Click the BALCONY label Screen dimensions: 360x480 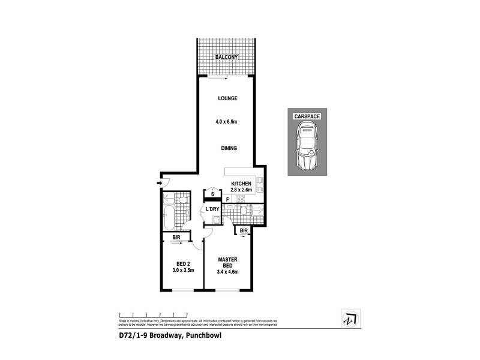[227, 57]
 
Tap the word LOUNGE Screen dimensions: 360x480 [227, 98]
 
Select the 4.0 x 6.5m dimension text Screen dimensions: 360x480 [227, 122]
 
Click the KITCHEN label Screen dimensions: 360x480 [242, 184]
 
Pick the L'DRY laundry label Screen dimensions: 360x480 [212, 209]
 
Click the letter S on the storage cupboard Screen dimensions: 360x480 [212, 194]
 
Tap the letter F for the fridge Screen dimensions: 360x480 [227, 198]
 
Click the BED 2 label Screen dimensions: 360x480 [183, 263]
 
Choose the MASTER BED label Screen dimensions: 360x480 [227, 263]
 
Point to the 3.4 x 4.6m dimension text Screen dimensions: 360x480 [227, 272]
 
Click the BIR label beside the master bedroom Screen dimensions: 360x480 [244, 230]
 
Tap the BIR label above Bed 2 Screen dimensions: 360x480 [177, 238]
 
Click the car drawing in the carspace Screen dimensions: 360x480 [307, 146]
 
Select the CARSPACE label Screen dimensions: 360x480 [307, 116]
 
